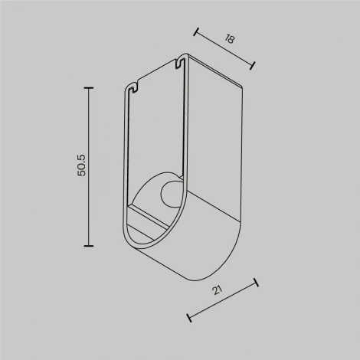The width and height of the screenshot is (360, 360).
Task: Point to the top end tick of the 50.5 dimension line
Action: [89, 88]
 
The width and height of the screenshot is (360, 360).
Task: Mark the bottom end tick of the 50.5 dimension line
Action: [89, 245]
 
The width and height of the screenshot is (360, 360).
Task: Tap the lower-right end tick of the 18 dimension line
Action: [254, 67]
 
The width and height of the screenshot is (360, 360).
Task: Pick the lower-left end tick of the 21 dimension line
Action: [188, 315]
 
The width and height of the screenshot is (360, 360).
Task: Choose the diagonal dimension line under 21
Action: [222, 299]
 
